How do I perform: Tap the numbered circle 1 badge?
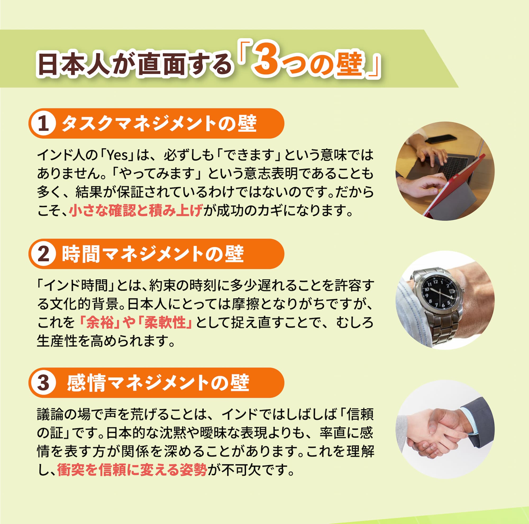43,124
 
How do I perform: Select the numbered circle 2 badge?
43,254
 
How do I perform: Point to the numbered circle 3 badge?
43,383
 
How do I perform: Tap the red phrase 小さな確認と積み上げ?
136,211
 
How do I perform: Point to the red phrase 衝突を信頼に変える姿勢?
132,470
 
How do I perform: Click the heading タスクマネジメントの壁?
159,124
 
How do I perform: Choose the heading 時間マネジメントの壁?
153,254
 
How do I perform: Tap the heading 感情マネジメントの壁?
158,383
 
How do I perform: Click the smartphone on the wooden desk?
441,139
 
